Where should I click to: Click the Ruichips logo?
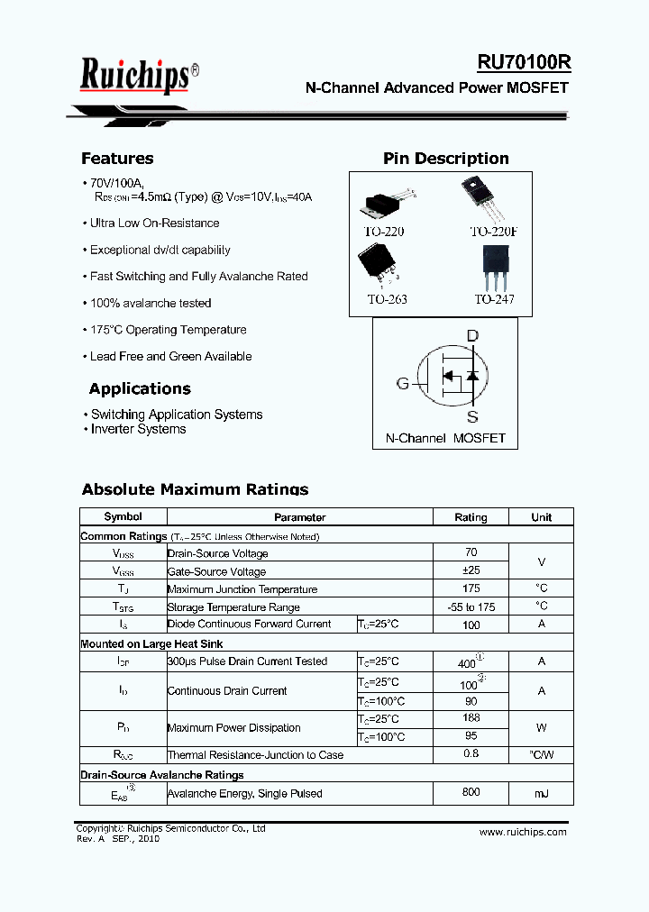135,75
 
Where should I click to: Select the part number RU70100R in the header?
524,62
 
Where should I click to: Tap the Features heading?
117,159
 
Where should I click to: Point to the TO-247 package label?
494,299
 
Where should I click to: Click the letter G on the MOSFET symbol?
403,384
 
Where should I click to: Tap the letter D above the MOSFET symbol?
472,336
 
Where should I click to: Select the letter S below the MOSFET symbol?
472,417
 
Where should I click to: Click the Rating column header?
471,517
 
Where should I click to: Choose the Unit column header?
541,517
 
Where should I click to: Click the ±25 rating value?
471,570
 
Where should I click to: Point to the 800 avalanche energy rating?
471,793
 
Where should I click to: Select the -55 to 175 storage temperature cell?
471,606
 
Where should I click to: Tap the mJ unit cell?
541,793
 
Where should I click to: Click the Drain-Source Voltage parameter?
217,553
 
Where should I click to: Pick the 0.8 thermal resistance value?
471,754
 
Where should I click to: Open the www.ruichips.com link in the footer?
523,832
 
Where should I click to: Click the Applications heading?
140,389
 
